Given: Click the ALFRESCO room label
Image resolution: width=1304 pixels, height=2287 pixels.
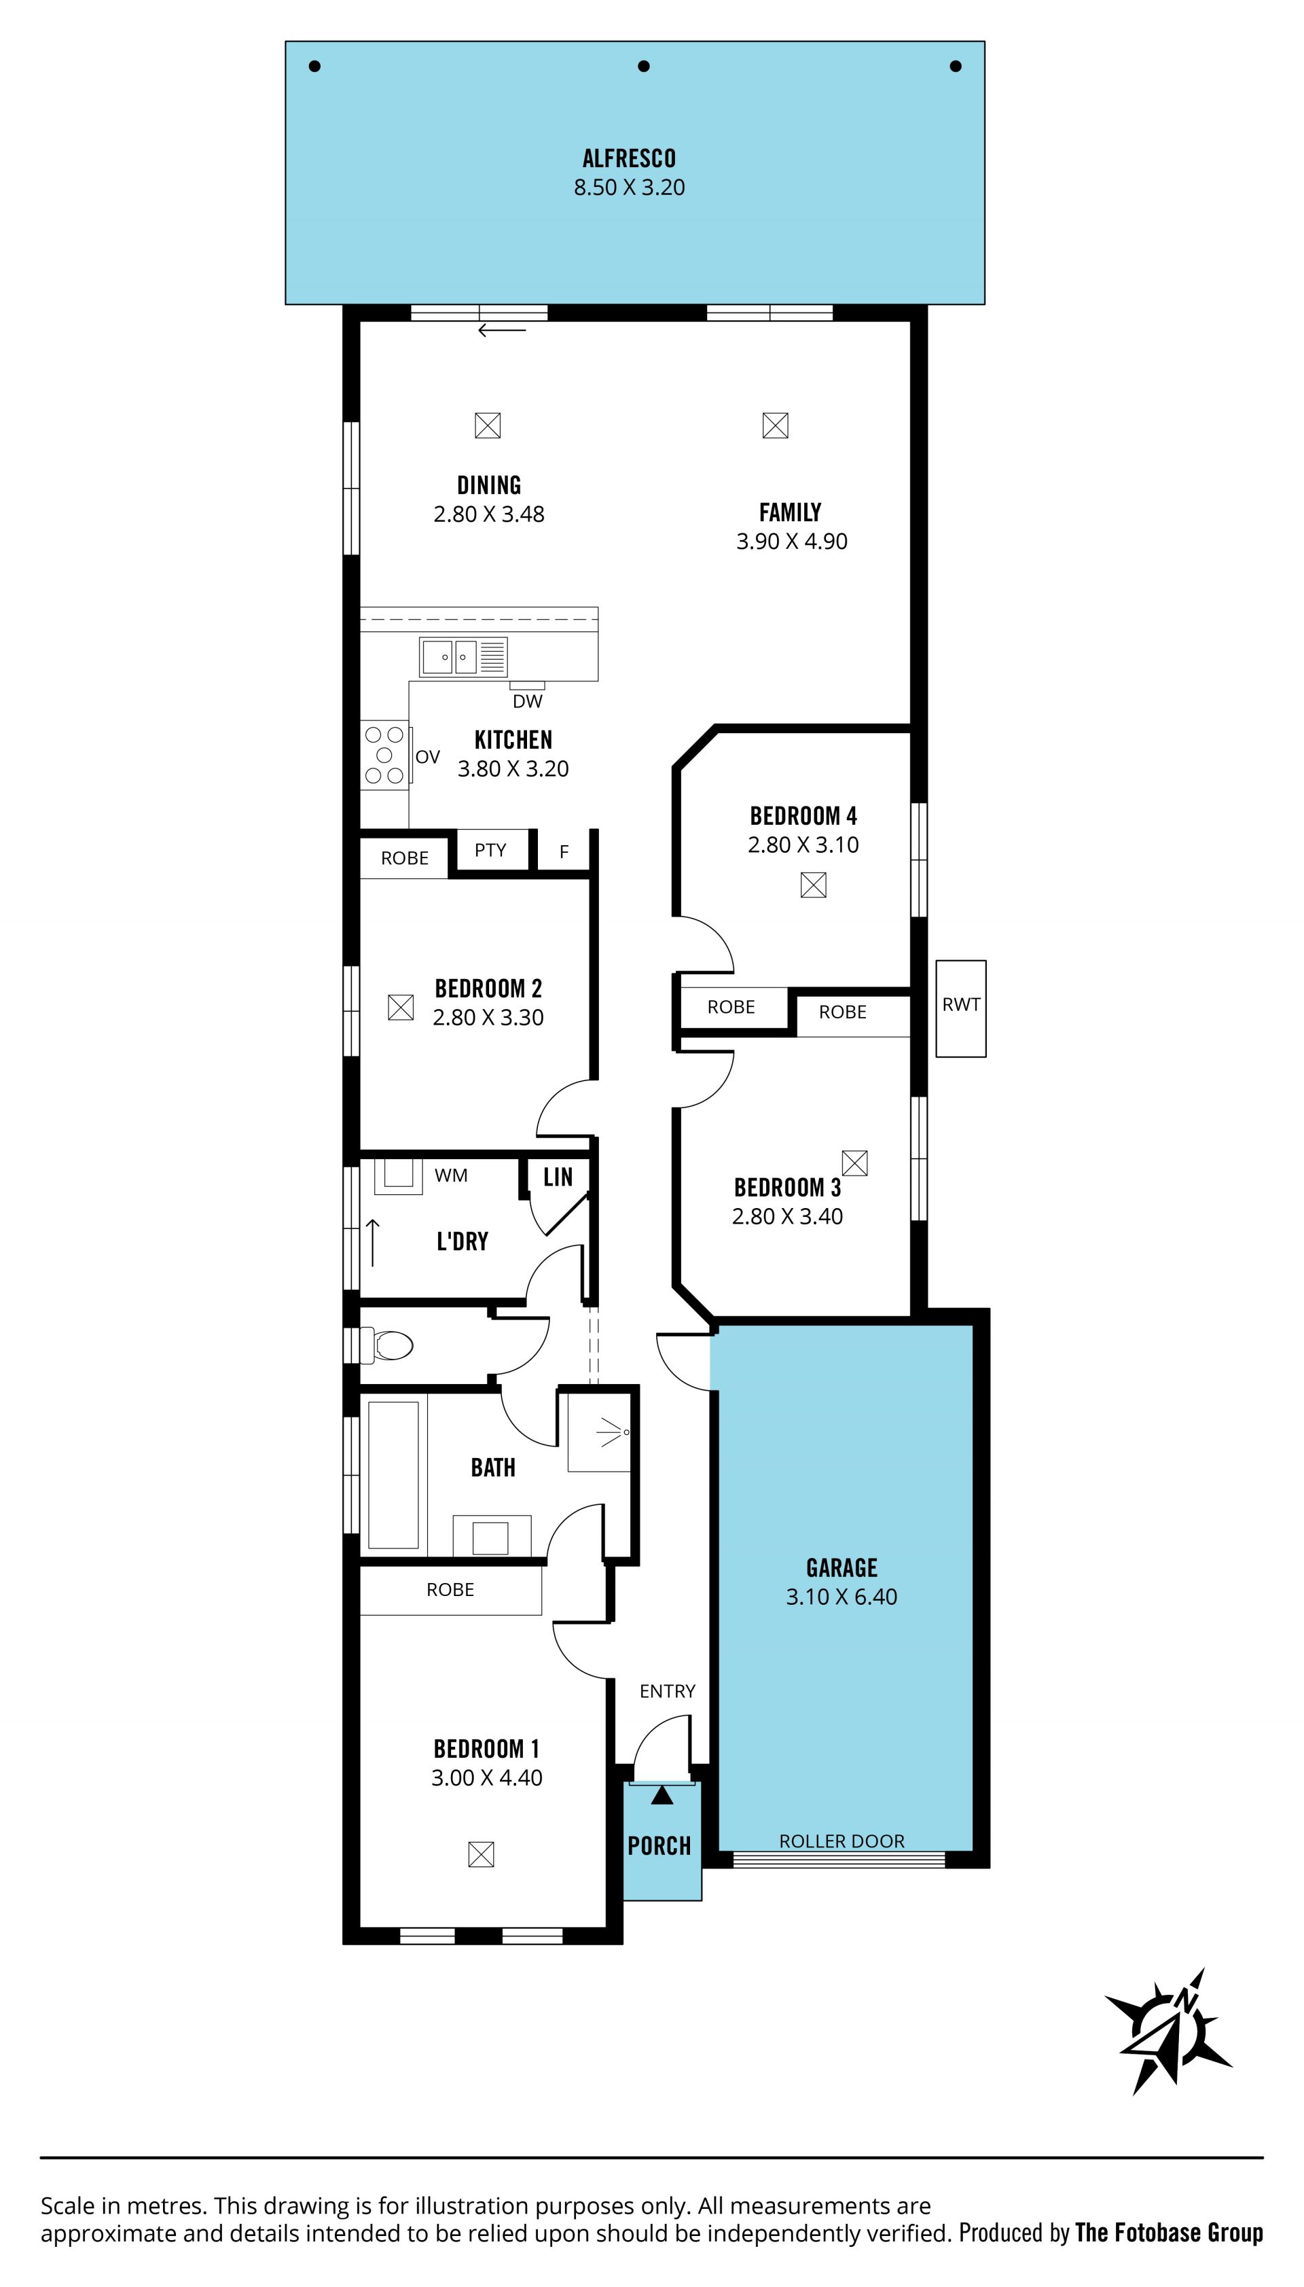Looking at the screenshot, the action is coord(629,158).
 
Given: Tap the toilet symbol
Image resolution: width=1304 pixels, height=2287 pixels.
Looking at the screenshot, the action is coord(387,1345).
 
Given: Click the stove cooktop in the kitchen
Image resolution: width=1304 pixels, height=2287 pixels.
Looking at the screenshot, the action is coord(384,755).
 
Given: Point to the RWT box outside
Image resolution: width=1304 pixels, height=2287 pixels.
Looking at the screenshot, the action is coord(961,1009).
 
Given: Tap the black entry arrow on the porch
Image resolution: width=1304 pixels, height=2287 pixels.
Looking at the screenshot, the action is coord(662,1794).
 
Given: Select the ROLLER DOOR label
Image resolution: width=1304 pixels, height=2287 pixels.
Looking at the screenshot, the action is coord(842,1841).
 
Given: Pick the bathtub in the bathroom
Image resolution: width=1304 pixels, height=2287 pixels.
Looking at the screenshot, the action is coord(393,1474).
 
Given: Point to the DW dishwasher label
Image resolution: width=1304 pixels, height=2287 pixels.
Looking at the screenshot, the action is coord(528,701).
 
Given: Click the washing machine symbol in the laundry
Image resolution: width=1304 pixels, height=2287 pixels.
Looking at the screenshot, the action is coord(397,1176).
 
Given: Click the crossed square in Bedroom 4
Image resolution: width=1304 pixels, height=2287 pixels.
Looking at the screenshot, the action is coord(813,885).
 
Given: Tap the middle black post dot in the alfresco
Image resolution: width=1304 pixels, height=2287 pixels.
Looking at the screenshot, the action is coord(643,67).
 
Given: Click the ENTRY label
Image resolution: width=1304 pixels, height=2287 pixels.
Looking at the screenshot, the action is coord(667,1690).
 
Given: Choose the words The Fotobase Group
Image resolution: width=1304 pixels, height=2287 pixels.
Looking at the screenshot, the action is coord(1169,2233).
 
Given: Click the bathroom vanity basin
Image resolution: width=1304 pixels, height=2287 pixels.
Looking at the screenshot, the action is coord(491,1538).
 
